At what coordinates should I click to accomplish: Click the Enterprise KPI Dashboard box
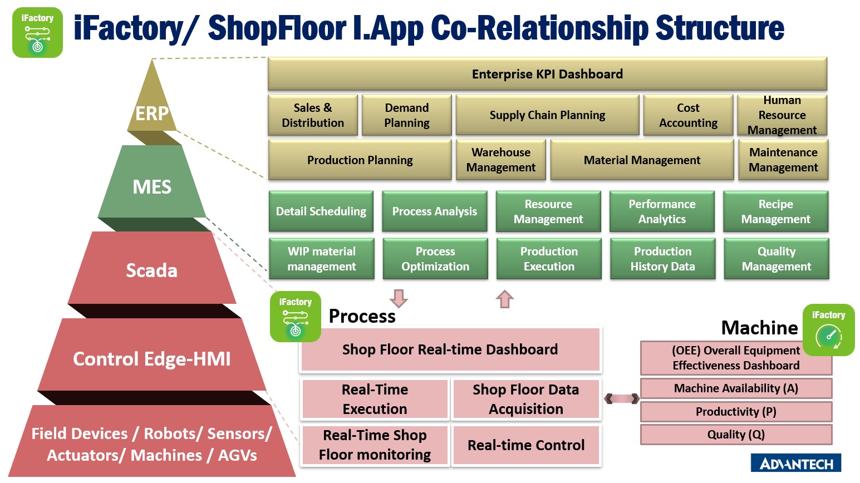(547, 73)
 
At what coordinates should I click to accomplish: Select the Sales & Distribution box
(312, 115)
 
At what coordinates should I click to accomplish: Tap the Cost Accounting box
(688, 115)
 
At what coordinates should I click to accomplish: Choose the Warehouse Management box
(500, 160)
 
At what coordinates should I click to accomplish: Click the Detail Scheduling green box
(321, 211)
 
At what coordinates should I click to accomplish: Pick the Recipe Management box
(775, 211)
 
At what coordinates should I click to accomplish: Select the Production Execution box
(549, 258)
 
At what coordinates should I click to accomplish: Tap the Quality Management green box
(777, 258)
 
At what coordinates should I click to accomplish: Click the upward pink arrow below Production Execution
(504, 299)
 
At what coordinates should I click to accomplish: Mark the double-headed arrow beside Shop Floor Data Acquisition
(622, 399)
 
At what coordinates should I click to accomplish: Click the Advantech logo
(796, 463)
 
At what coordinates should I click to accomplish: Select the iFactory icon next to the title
(38, 33)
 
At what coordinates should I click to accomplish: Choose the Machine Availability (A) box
(736, 388)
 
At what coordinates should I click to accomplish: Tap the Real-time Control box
(526, 445)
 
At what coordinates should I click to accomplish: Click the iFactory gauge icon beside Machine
(828, 330)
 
